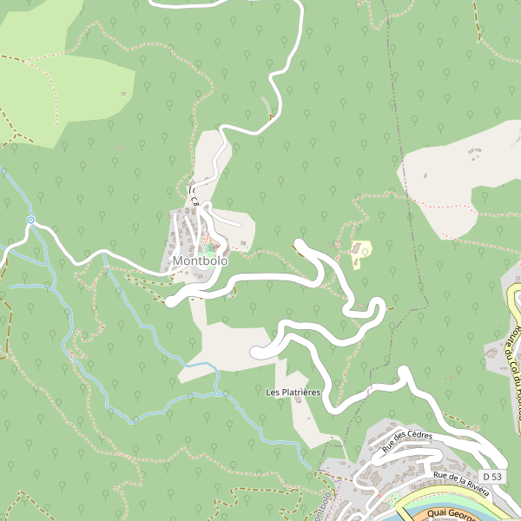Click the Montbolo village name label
(200, 260)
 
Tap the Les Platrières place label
(293, 392)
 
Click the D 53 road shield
(492, 477)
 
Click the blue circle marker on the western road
(30, 221)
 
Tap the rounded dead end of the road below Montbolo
(172, 300)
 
